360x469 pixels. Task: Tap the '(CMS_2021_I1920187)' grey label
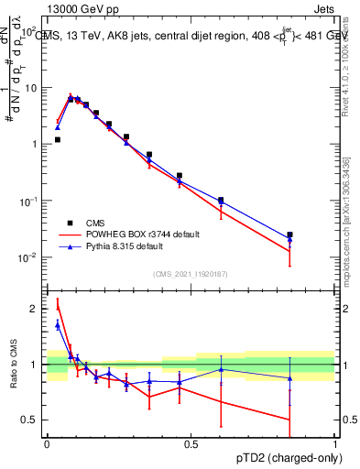click(x=191, y=273)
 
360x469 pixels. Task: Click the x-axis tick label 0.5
click(x=191, y=444)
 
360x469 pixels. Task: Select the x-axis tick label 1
click(x=334, y=444)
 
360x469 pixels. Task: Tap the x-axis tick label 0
click(x=47, y=444)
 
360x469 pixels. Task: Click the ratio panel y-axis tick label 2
click(x=35, y=309)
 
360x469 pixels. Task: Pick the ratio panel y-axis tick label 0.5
click(x=31, y=420)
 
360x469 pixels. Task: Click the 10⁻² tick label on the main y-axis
click(x=29, y=257)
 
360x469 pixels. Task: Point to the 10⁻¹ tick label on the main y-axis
click(x=29, y=201)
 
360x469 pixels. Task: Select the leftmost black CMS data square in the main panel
click(x=58, y=140)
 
